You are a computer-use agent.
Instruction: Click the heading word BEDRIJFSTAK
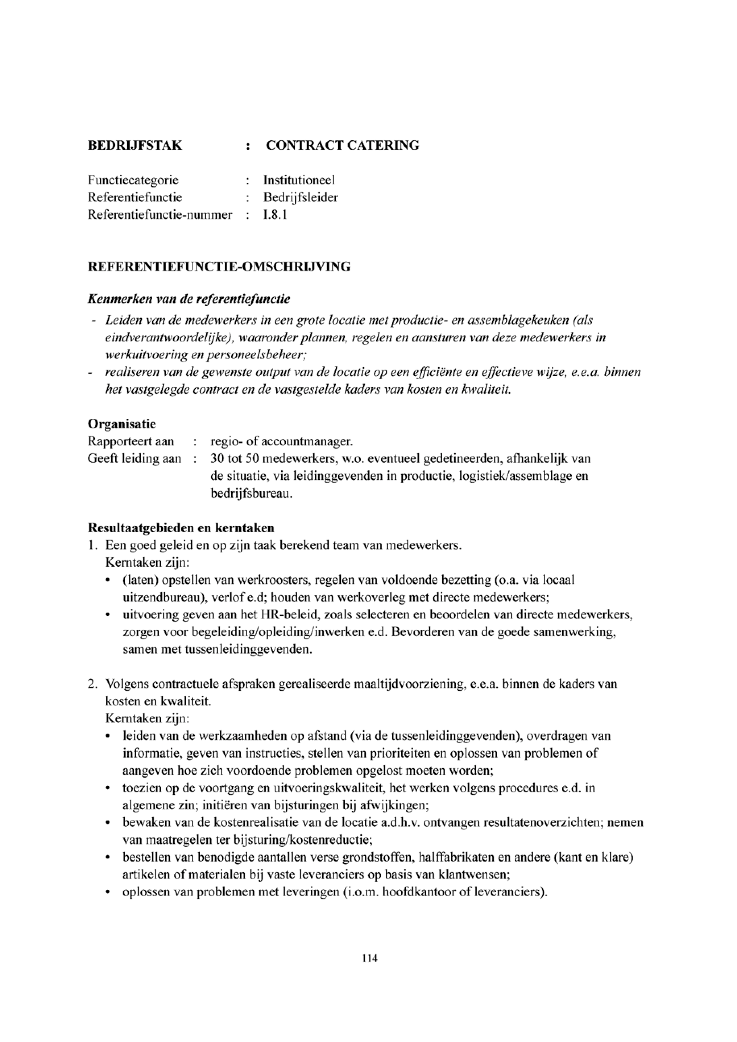(135, 146)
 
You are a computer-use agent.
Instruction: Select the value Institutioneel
(299, 180)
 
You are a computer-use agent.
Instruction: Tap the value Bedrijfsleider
(300, 197)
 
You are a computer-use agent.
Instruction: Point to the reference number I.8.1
(275, 215)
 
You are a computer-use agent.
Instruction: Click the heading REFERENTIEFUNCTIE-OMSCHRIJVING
(219, 267)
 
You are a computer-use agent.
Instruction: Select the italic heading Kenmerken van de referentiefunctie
(189, 299)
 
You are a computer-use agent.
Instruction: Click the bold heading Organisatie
(122, 424)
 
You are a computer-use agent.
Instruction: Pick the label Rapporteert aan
(131, 441)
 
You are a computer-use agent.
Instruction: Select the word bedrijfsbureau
(251, 493)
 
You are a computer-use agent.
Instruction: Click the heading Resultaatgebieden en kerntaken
(181, 528)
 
